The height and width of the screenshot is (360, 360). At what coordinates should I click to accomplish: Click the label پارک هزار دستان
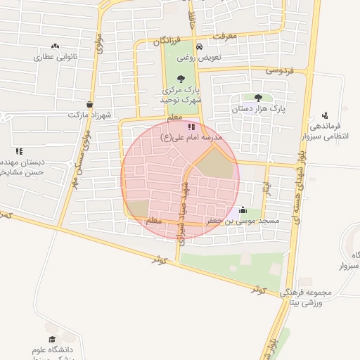coord(259,110)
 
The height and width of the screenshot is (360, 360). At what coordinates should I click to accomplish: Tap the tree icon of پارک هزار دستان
coord(258,98)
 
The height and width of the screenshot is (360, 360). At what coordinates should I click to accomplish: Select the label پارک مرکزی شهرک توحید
coord(182,95)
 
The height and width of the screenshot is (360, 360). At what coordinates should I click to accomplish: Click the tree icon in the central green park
coord(181,79)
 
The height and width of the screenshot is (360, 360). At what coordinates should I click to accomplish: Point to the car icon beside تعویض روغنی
coord(200,46)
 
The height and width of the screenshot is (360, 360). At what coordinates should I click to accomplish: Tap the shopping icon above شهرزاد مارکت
coord(89,103)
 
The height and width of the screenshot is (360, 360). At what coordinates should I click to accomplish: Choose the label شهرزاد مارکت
coord(89,114)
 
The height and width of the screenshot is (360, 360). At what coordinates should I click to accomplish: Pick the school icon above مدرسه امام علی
coord(192,125)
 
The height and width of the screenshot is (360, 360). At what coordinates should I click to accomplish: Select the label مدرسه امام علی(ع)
coord(191,136)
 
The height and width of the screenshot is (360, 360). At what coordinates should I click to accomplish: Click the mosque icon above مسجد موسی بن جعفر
coord(243,209)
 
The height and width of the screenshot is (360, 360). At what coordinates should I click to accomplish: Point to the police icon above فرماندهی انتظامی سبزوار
coord(324,115)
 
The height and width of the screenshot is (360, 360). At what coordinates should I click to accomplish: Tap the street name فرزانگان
coord(172,41)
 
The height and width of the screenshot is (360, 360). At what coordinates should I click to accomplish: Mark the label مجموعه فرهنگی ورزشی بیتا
coord(304,297)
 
